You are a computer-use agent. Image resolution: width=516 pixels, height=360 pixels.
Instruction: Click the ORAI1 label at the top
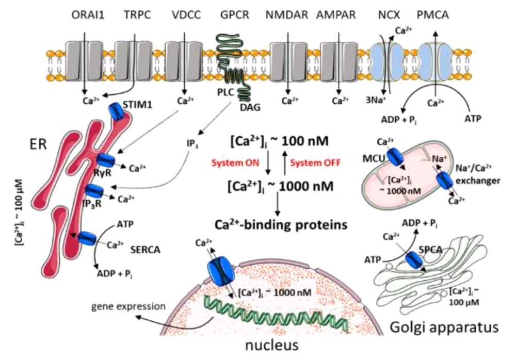(x=88, y=15)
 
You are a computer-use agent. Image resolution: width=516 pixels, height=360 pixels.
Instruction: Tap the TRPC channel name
(x=138, y=15)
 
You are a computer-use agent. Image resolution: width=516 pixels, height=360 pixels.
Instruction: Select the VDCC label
(x=186, y=15)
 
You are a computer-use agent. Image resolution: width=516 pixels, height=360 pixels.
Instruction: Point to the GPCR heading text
(x=235, y=15)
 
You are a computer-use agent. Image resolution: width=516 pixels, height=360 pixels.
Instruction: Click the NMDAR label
(x=286, y=15)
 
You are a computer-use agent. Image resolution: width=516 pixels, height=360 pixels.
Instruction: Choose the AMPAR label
(x=336, y=15)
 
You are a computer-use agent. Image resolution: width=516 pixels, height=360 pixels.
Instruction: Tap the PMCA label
(x=433, y=15)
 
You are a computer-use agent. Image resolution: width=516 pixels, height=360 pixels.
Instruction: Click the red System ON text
(x=235, y=163)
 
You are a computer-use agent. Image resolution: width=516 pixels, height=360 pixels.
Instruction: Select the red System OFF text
(x=315, y=163)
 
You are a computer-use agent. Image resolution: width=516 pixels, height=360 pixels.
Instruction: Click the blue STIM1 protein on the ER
(x=116, y=111)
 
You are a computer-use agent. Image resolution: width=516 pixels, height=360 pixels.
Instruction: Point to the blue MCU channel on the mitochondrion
(x=395, y=156)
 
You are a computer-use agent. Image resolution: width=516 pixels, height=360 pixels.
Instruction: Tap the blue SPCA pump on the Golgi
(x=414, y=260)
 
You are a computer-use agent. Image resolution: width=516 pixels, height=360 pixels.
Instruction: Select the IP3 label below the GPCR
(x=192, y=144)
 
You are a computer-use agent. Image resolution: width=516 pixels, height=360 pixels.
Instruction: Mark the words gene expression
(x=128, y=306)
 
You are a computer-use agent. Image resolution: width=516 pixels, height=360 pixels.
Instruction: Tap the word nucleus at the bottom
(x=272, y=346)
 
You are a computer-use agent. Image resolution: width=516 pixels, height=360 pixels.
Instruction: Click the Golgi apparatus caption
(x=444, y=328)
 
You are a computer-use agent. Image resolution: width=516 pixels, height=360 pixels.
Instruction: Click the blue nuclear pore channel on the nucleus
(x=220, y=271)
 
